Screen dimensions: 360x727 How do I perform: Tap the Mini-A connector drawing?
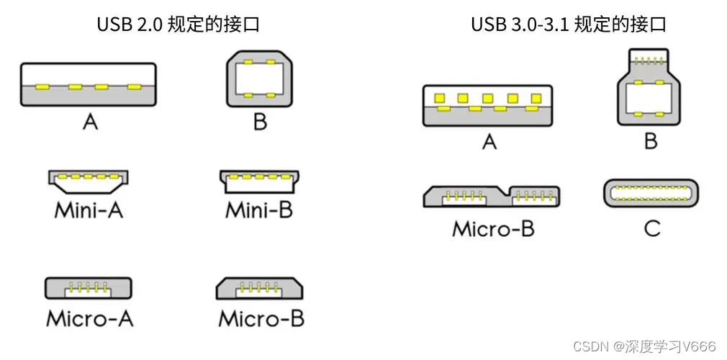pyautogui.click(x=89, y=182)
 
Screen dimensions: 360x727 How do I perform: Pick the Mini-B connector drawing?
pyautogui.click(x=260, y=181)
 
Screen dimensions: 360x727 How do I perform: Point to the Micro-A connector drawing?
pyautogui.click(x=89, y=287)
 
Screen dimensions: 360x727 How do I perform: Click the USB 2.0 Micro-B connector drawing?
pyautogui.click(x=260, y=287)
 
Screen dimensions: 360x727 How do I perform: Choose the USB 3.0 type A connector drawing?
pyautogui.click(x=489, y=107)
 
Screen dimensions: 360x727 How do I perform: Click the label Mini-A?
pyautogui.click(x=89, y=211)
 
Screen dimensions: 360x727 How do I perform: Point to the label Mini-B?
pyautogui.click(x=259, y=211)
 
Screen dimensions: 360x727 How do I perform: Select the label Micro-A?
pyautogui.click(x=89, y=318)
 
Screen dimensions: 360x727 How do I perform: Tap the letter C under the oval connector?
pyautogui.click(x=651, y=229)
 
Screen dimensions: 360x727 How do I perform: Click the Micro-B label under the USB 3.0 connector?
pyautogui.click(x=493, y=229)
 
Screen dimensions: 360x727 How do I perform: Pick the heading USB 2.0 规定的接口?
pyautogui.click(x=178, y=24)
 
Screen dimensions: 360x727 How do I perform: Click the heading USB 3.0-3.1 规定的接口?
pyautogui.click(x=568, y=24)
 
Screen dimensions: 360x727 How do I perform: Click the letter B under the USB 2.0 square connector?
pyautogui.click(x=260, y=122)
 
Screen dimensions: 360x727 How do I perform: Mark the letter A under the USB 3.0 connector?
pyautogui.click(x=489, y=142)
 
